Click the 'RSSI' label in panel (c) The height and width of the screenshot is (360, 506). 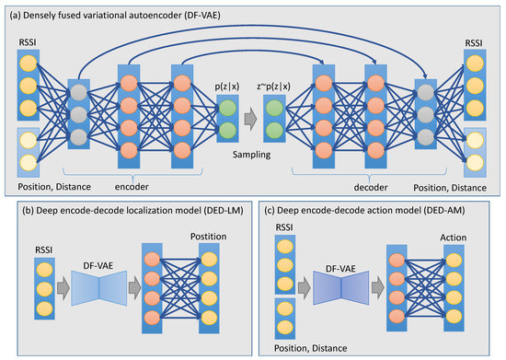(287, 226)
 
